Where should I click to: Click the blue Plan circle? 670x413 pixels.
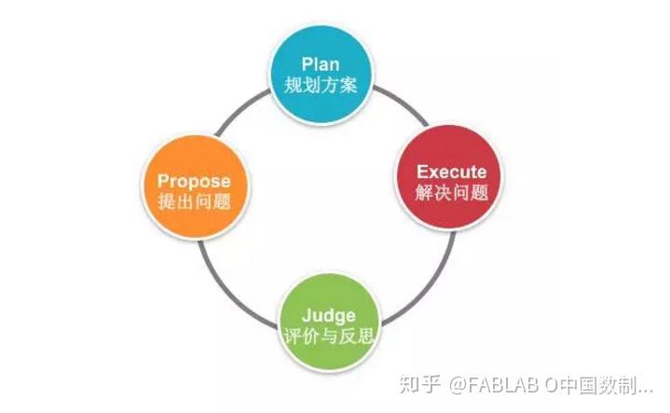pyautogui.click(x=321, y=75)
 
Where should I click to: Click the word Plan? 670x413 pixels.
pyautogui.click(x=321, y=64)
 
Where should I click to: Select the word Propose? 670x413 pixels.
pyautogui.click(x=193, y=180)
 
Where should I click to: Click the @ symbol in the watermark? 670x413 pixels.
pyautogui.click(x=438, y=384)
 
